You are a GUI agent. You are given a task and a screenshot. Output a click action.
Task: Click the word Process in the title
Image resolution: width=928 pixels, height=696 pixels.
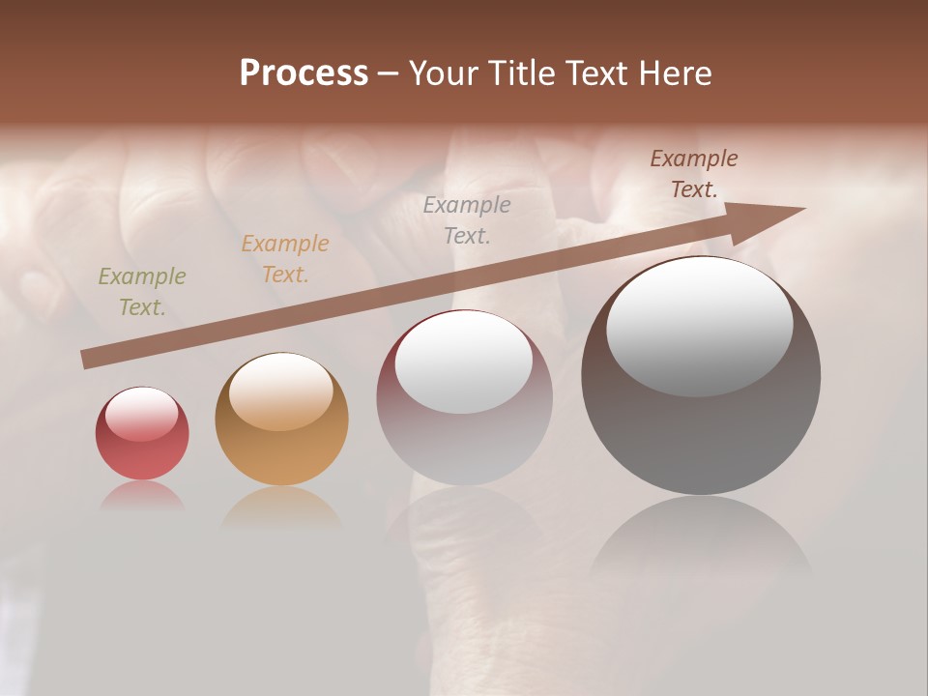[304, 73]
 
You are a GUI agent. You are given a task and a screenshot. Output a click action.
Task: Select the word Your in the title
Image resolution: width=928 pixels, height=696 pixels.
[443, 73]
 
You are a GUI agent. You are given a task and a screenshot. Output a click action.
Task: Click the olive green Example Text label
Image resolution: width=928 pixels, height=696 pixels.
[142, 292]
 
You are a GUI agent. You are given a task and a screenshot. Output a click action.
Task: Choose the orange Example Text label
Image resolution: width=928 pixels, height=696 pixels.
[285, 259]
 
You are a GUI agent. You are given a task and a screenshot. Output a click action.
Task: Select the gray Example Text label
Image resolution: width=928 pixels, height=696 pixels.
[467, 219]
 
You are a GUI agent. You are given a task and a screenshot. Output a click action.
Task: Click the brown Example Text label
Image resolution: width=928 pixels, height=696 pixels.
[694, 174]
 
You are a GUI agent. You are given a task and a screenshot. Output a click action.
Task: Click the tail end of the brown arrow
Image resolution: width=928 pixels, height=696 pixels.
[85, 360]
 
